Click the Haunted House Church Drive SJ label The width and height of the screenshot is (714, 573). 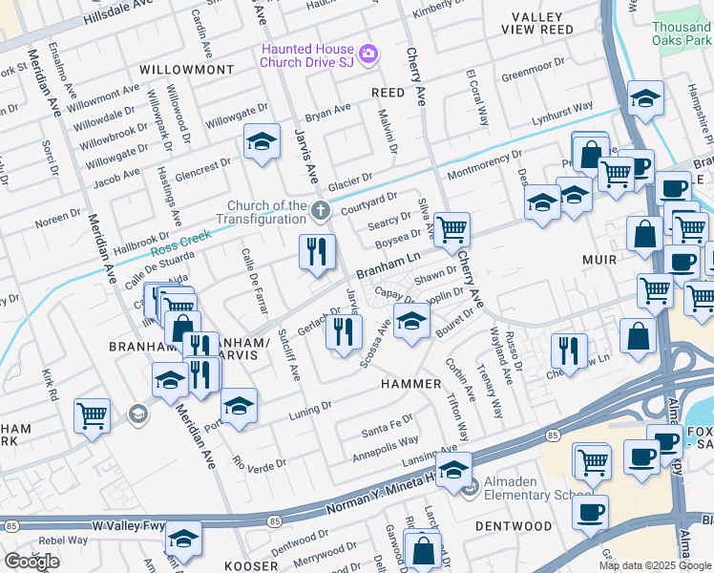tap(306, 55)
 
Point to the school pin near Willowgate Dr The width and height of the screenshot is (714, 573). tap(262, 141)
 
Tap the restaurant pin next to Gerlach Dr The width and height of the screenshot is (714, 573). tap(344, 331)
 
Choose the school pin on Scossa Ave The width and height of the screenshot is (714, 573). tap(411, 321)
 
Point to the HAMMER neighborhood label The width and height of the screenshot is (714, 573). tap(411, 383)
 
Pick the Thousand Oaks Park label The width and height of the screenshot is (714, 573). tap(681, 33)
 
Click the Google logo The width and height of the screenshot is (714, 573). tap(31, 561)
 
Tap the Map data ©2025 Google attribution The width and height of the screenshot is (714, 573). tap(654, 565)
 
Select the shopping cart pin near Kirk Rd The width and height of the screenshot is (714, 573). tap(93, 414)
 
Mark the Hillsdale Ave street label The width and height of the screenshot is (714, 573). tap(117, 13)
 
